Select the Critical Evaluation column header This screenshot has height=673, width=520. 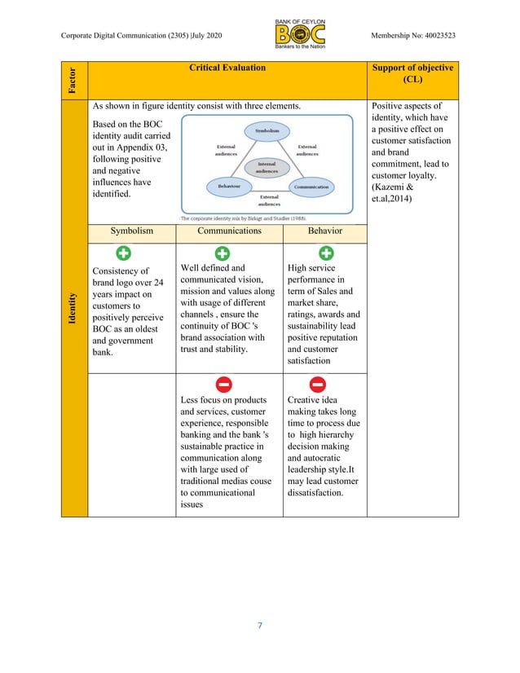pos(227,68)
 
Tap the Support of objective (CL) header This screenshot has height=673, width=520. pos(412,74)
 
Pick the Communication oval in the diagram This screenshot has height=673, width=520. pos(311,187)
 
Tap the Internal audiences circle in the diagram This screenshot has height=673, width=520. pos(267,167)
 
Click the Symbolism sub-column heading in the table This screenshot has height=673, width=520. pos(131,231)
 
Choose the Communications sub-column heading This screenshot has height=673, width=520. pos(229,231)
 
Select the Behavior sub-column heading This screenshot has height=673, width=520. pos(324,231)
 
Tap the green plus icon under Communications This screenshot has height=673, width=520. pos(222,253)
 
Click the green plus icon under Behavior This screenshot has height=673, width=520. pos(325,253)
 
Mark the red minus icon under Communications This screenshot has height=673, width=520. pos(222,384)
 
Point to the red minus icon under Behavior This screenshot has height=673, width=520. pos(318,384)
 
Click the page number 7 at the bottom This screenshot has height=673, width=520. pos(259,626)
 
